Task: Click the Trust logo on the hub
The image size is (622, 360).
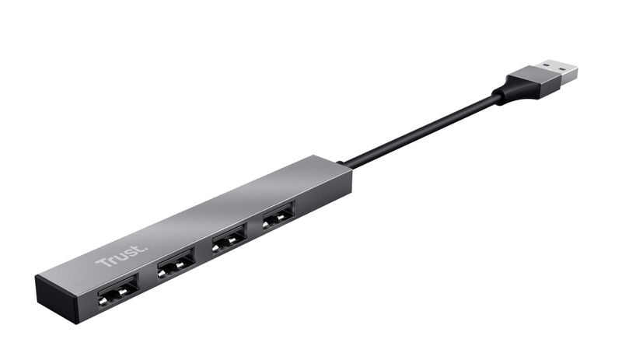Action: (120, 256)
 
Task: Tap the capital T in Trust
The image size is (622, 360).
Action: (102, 263)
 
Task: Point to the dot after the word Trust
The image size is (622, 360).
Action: (142, 248)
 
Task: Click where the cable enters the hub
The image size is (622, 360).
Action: (347, 165)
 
